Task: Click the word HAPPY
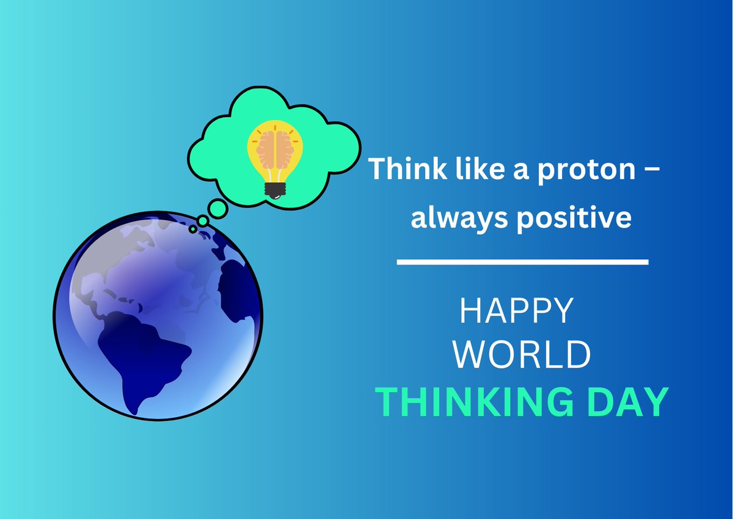click(x=516, y=310)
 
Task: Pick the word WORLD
click(x=523, y=354)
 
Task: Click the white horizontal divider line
click(x=522, y=262)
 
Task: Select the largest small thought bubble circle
click(x=217, y=208)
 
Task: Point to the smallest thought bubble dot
click(x=193, y=229)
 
